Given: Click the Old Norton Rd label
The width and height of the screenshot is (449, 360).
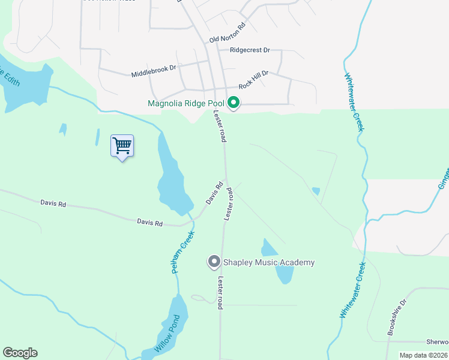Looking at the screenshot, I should point(228,33).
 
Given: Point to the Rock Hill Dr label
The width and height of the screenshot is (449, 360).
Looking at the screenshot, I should point(253,78).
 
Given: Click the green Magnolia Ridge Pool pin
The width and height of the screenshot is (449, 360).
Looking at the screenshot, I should point(234,103).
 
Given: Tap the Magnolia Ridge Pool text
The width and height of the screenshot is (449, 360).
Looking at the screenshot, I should point(186,104).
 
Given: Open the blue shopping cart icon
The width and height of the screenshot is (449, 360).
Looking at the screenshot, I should point(122,146).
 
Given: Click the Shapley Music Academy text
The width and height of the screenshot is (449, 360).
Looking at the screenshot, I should point(269,262).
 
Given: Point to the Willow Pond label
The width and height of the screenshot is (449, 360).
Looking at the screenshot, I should point(167,334).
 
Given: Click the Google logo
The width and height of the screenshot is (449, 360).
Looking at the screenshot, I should point(20,353).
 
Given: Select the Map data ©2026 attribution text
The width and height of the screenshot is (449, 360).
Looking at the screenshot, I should point(423,355).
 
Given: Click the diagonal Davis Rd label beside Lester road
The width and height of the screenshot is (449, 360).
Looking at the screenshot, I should point(215,193).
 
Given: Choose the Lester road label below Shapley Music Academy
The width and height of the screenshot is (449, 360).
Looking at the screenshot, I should point(221,293).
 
